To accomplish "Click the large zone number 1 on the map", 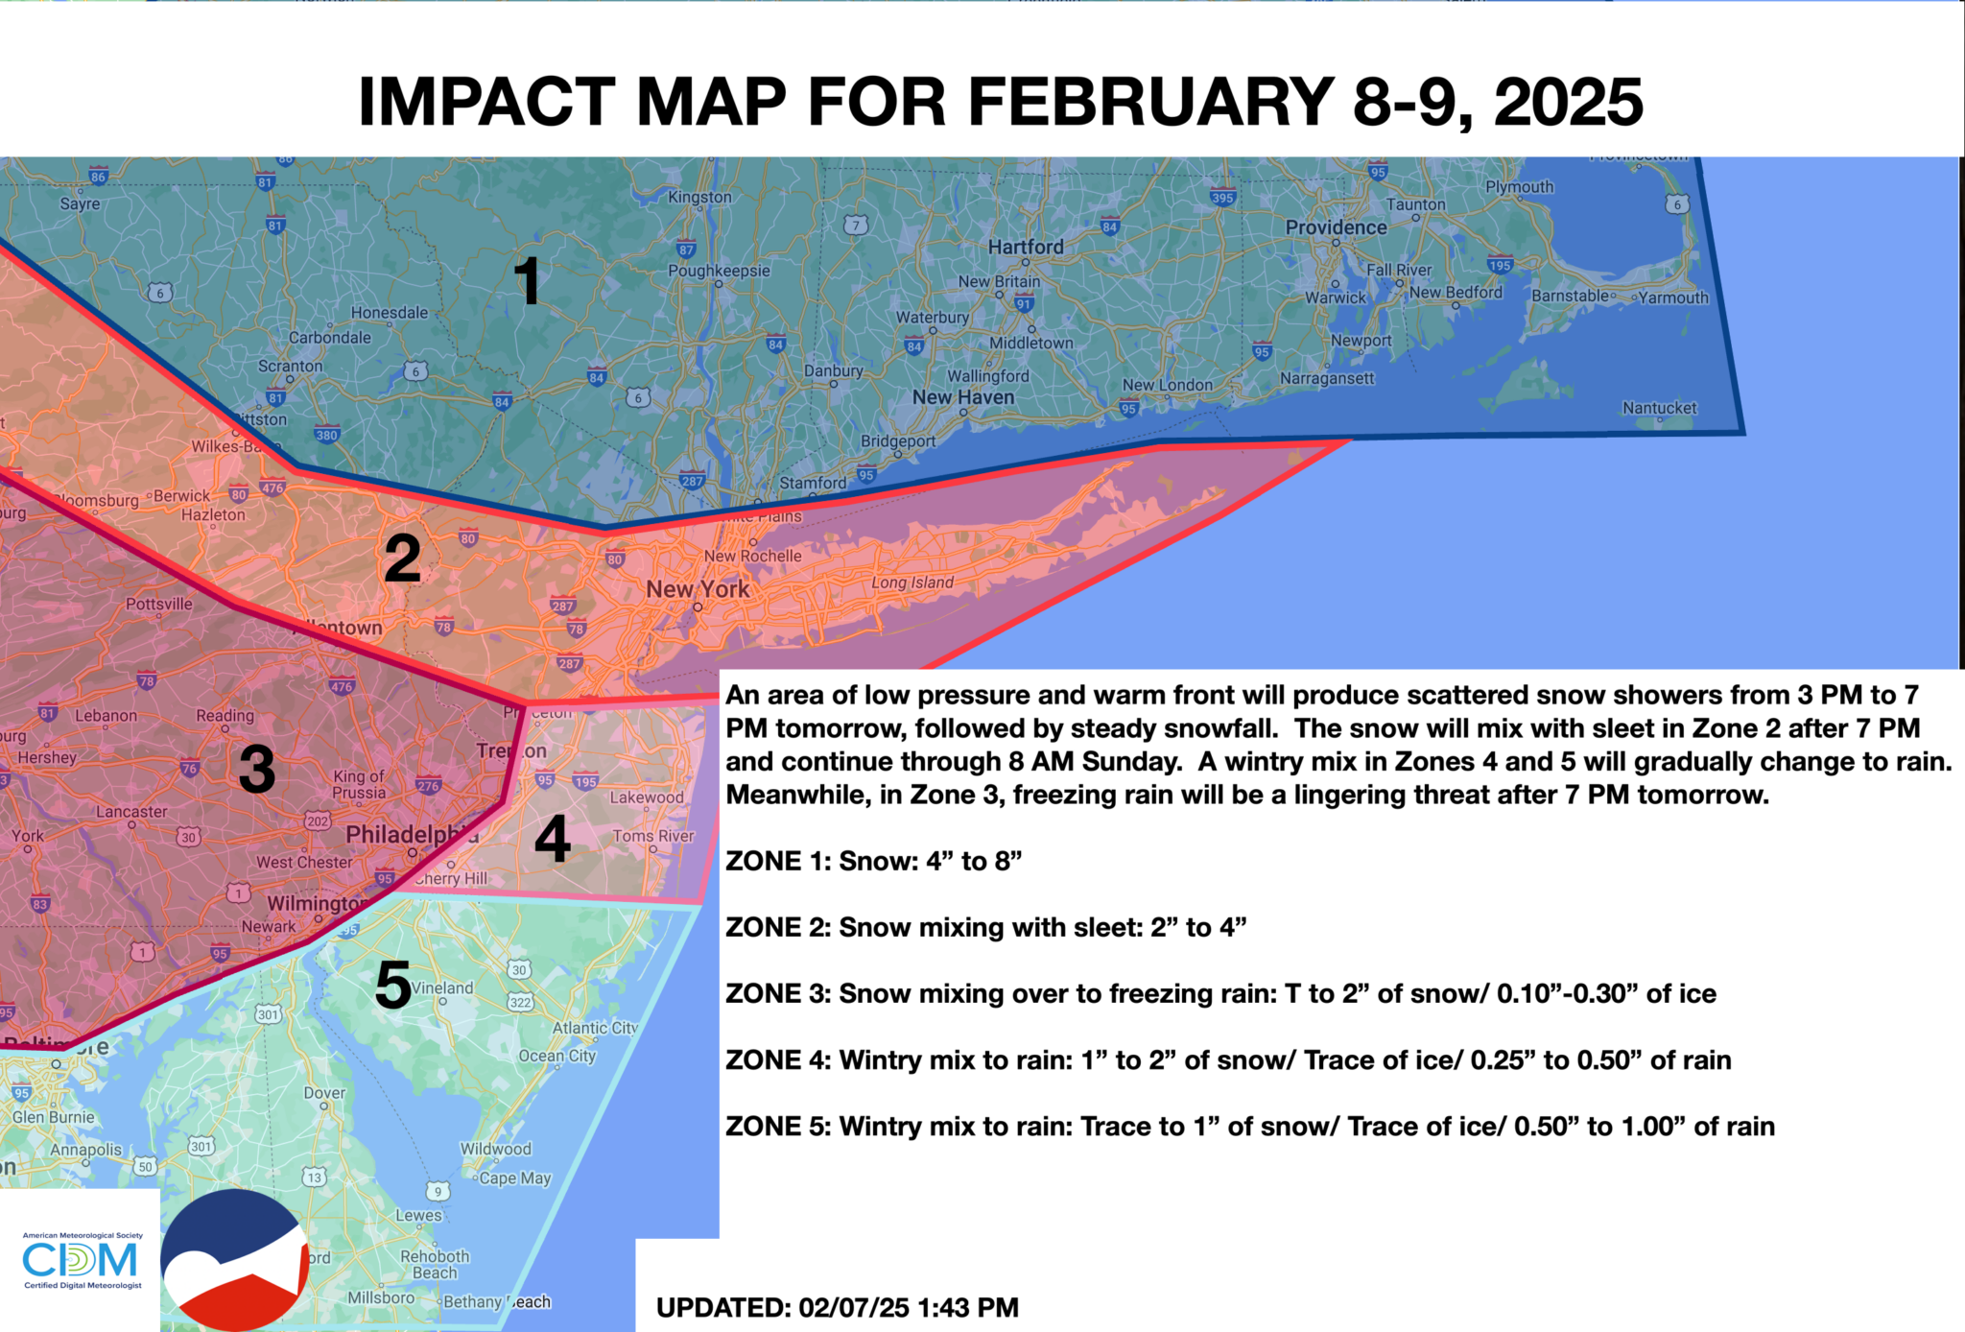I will [x=528, y=281].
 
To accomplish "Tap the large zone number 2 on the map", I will [x=402, y=559].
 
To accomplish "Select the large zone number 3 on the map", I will [x=257, y=770].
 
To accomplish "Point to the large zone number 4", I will [x=553, y=839].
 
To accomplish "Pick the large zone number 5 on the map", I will [x=393, y=986].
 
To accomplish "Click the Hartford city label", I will [x=1026, y=247].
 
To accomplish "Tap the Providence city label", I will [x=1336, y=227].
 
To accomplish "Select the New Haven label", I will [x=962, y=397].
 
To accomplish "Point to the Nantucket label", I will [x=1659, y=408].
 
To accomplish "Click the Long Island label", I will [x=912, y=583].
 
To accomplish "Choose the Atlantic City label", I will [x=595, y=1028].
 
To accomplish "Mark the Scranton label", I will [x=290, y=366].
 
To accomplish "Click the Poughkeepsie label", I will [x=719, y=271].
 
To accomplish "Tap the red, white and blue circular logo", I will [x=235, y=1260].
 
